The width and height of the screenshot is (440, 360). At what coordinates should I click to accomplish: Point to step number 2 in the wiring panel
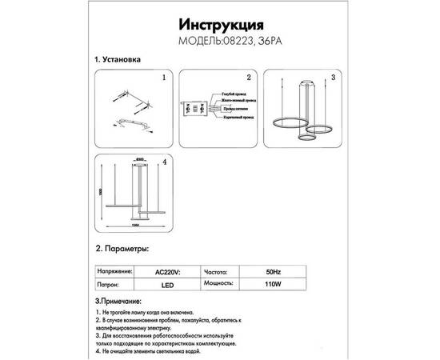point(249,78)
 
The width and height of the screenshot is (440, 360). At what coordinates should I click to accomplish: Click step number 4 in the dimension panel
point(163,162)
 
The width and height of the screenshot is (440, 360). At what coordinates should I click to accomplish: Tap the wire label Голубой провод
point(234,94)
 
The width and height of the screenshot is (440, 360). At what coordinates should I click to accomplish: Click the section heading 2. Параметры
point(121,250)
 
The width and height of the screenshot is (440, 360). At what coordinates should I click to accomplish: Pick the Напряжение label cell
point(113,271)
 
